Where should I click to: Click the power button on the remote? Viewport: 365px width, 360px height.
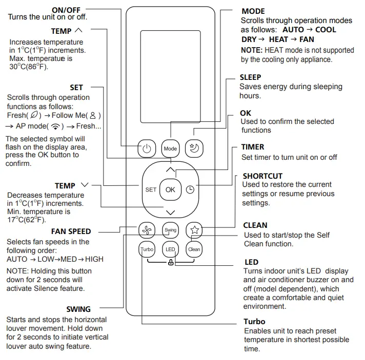147,149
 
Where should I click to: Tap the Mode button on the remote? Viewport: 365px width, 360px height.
170,149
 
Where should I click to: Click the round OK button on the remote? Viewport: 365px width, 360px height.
170,189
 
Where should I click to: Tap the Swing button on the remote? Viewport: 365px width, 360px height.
170,230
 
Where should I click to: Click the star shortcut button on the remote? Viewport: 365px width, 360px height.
194,230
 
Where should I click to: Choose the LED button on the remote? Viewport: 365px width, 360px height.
170,249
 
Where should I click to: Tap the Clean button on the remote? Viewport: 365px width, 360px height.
194,249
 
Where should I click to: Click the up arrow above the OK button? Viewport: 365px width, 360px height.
170,170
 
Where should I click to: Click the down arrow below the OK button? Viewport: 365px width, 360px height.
170,211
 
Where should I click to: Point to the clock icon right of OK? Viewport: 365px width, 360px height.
190,189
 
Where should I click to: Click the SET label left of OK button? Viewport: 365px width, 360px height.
151,189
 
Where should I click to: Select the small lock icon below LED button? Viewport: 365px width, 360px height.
170,262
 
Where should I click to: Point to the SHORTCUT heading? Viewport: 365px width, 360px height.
262,176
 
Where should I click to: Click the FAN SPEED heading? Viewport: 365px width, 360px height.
71,231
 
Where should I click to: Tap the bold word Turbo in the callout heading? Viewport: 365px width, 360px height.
255,322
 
